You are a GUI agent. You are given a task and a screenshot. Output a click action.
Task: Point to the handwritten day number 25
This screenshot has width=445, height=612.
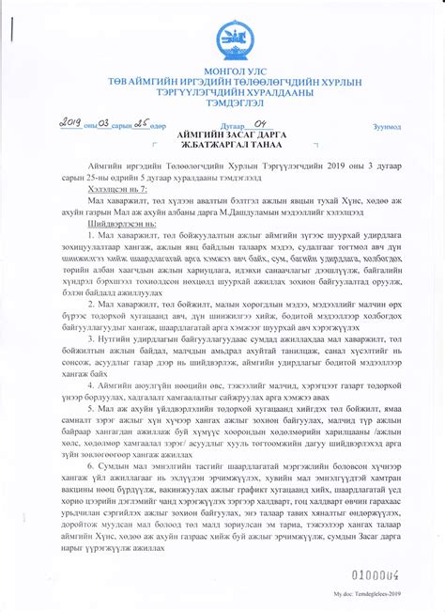point(142,122)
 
